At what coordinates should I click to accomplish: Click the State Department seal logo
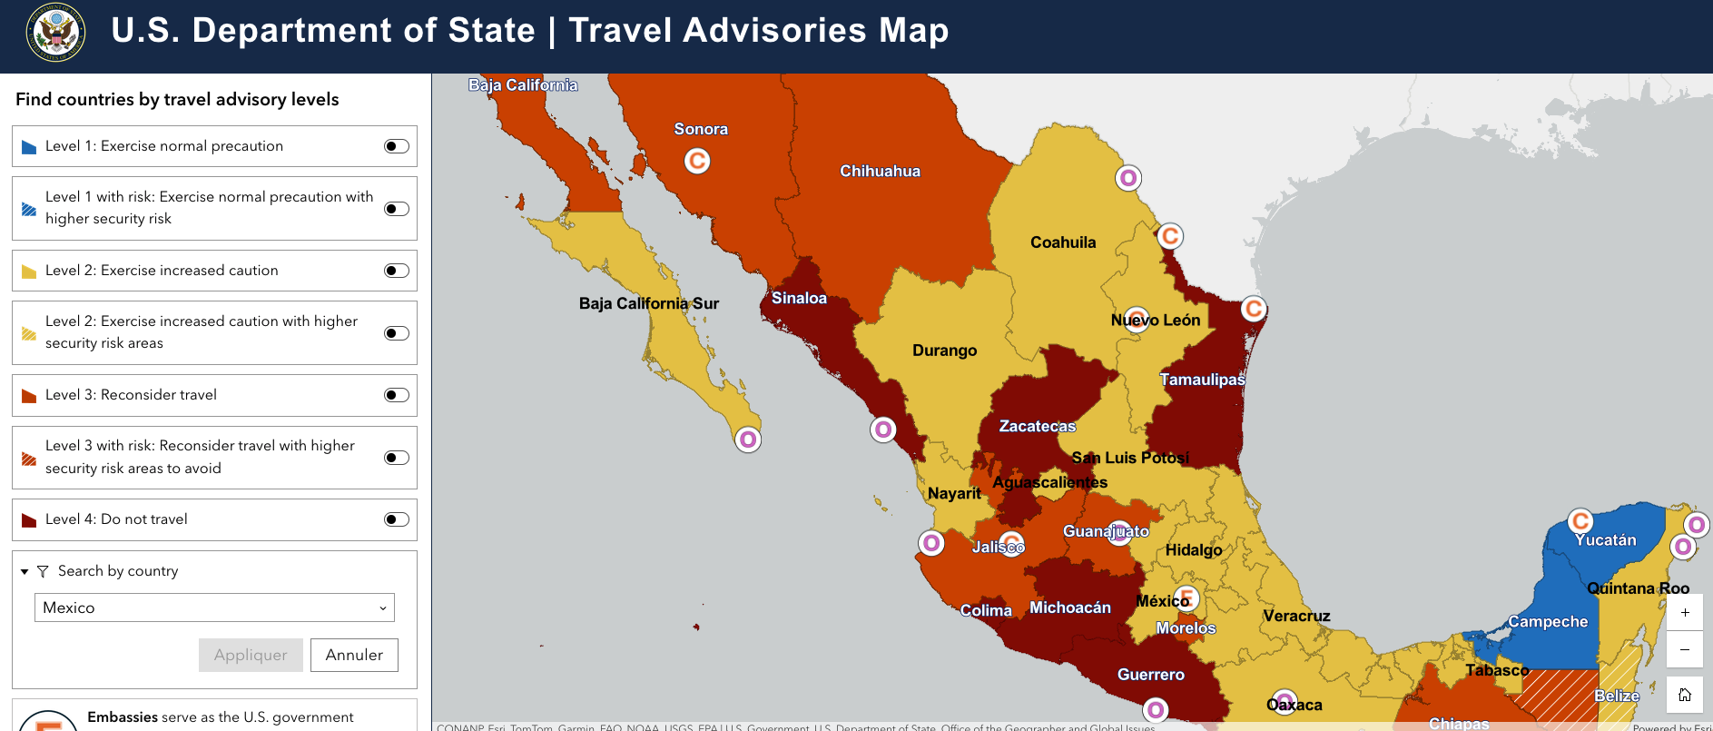pyautogui.click(x=56, y=33)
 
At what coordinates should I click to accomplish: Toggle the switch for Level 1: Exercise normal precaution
pyautogui.click(x=397, y=146)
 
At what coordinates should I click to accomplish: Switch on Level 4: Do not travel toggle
pyautogui.click(x=397, y=519)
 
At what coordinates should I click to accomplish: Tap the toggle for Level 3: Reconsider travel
pyautogui.click(x=397, y=395)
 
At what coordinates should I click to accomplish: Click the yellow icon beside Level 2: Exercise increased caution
pyautogui.click(x=29, y=272)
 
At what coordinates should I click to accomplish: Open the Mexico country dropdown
pyautogui.click(x=214, y=608)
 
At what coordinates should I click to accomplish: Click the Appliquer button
pyautogui.click(x=251, y=655)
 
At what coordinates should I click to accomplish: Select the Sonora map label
pyautogui.click(x=701, y=129)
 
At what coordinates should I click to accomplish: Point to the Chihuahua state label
pyautogui.click(x=880, y=171)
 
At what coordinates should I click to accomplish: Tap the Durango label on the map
pyautogui.click(x=944, y=351)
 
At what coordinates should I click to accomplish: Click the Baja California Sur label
pyautogui.click(x=648, y=303)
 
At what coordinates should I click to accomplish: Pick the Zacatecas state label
pyautogui.click(x=1037, y=426)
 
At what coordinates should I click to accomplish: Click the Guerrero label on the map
pyautogui.click(x=1150, y=675)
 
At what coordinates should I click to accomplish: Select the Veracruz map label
pyautogui.click(x=1296, y=616)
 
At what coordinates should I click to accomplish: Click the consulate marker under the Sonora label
pyautogui.click(x=697, y=162)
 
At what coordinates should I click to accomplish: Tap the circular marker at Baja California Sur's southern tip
pyautogui.click(x=748, y=440)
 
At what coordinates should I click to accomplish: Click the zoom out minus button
pyautogui.click(x=1685, y=649)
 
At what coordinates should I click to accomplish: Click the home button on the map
pyautogui.click(x=1685, y=695)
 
